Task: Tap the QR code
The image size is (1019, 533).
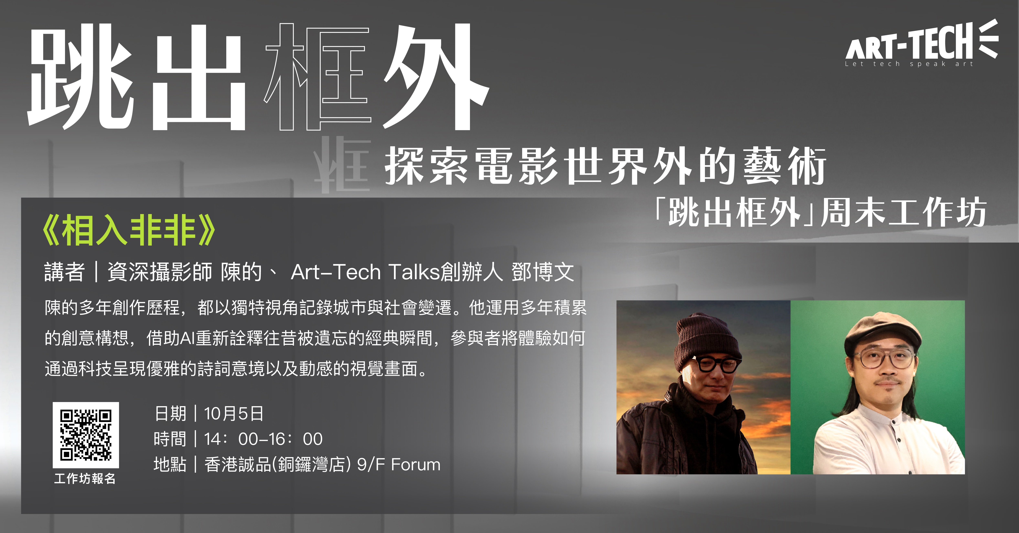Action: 86,435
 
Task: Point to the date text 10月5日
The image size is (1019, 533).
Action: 233,414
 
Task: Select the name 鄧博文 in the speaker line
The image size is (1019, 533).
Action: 543,272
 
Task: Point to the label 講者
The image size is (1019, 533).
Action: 64,272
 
